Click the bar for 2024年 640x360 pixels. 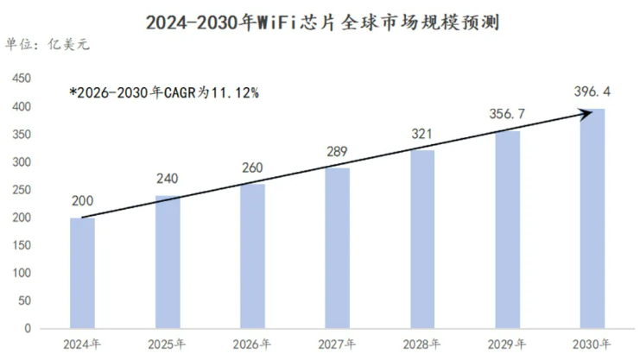pos(82,273)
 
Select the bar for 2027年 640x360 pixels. pos(338,248)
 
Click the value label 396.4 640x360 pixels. pos(592,91)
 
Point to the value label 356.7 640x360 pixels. pos(507,114)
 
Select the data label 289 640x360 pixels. pos(336,152)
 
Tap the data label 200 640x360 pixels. pos(81,201)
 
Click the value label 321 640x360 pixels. pos(422,134)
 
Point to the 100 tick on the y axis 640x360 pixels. pos(21,273)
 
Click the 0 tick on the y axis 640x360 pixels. pos(27,328)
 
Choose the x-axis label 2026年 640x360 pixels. pos(252,344)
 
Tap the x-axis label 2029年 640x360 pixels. pos(507,344)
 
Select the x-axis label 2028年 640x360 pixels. pos(422,344)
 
